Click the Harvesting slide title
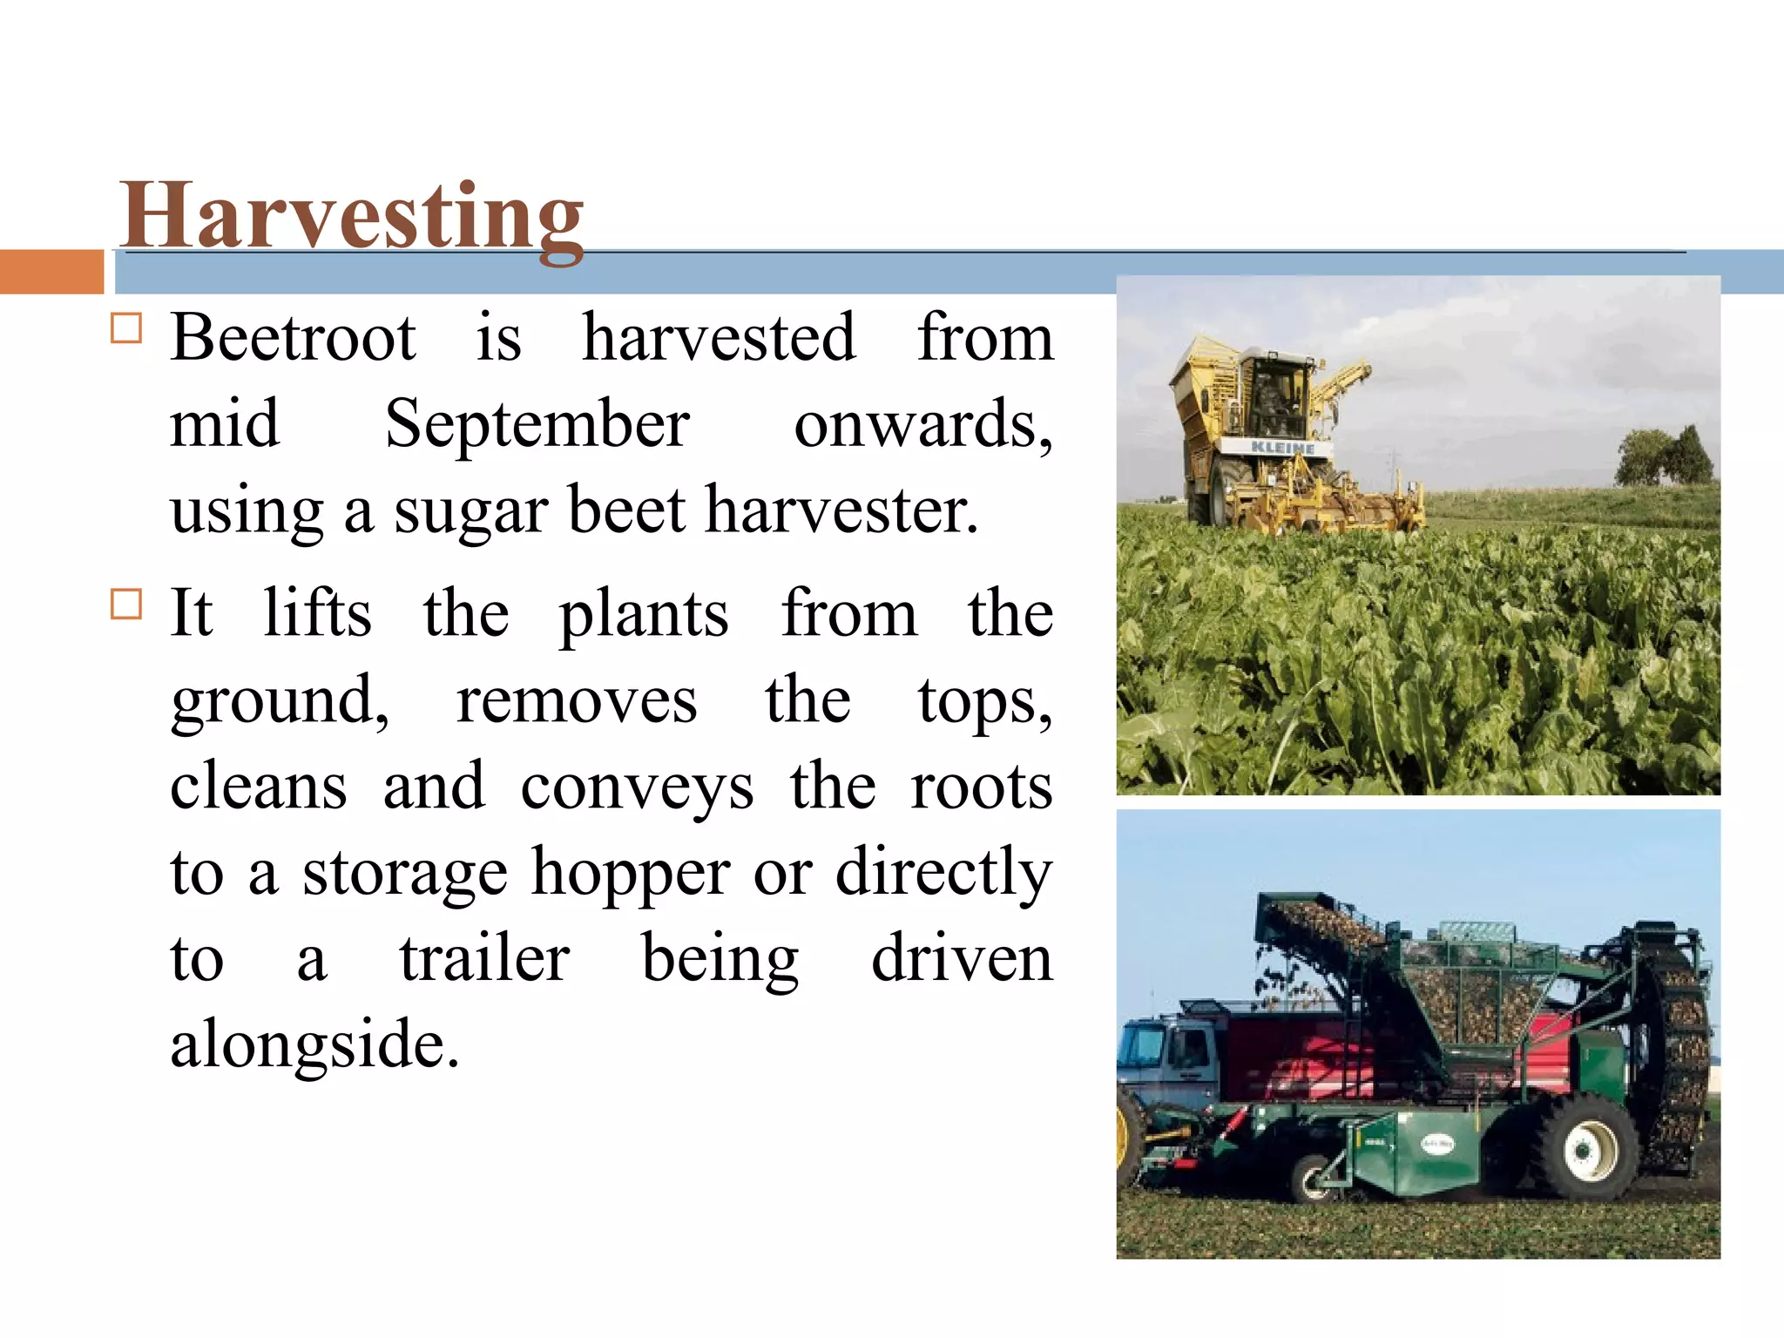[x=352, y=216]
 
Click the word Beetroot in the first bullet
[x=293, y=338]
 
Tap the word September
[x=537, y=424]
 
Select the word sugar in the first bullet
[x=470, y=511]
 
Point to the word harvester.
[x=841, y=510]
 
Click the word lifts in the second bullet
[x=317, y=613]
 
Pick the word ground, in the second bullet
[x=280, y=701]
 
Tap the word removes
[x=577, y=701]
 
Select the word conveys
[x=637, y=787]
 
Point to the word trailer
[x=484, y=958]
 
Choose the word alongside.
[x=314, y=1044]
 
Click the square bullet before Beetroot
[x=126, y=328]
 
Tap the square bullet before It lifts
[x=126, y=604]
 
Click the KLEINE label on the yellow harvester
[x=1282, y=448]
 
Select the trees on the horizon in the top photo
[x=1663, y=457]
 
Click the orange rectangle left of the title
[x=51, y=272]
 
